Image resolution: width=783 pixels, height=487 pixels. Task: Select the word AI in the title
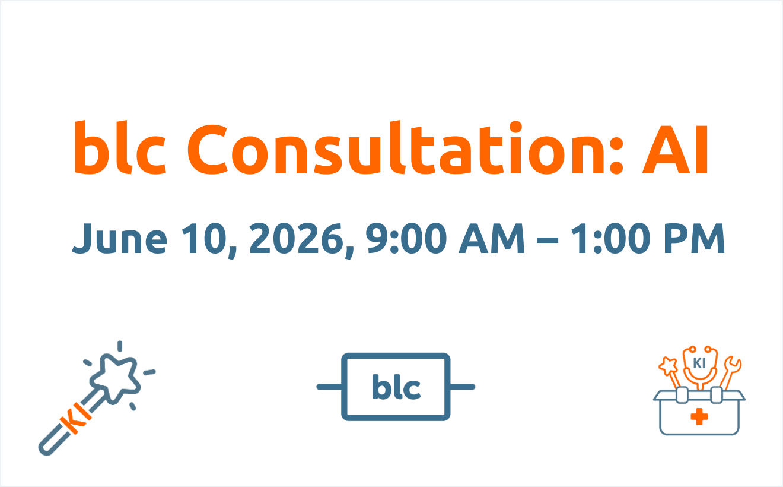(676, 150)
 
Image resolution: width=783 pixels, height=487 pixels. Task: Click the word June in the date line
(120, 238)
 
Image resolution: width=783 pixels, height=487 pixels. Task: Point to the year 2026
(297, 239)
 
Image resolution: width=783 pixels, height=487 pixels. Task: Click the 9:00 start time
(406, 238)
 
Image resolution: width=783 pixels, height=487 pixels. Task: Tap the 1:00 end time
(610, 238)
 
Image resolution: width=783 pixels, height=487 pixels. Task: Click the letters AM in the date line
(492, 238)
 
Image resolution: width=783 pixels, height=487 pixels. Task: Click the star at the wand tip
(115, 378)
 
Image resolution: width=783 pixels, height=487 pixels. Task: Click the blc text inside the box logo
(396, 387)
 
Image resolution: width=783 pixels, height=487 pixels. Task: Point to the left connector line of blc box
(329, 387)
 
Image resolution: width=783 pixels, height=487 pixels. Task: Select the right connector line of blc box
(462, 387)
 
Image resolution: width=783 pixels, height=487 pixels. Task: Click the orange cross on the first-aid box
(699, 417)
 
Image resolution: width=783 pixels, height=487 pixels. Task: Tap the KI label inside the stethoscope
(699, 363)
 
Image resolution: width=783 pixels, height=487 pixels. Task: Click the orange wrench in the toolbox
(731, 372)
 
